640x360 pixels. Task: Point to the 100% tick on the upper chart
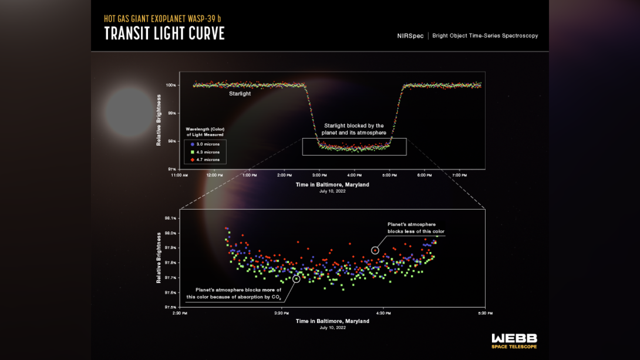click(x=171, y=85)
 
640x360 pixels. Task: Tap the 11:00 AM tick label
click(x=179, y=176)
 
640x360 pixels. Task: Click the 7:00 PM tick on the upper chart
click(x=459, y=176)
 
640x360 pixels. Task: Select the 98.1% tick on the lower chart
click(x=170, y=218)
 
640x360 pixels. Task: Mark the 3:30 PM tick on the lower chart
click(x=282, y=313)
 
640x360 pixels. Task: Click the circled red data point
click(x=375, y=250)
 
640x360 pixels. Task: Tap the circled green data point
click(x=297, y=278)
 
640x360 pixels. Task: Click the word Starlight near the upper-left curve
click(x=240, y=93)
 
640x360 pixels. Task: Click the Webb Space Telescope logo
click(x=514, y=341)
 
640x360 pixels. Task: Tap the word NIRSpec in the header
click(x=410, y=36)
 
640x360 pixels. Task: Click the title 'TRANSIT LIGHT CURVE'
click(x=164, y=33)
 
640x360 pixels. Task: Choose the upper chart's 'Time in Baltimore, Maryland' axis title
click(x=332, y=184)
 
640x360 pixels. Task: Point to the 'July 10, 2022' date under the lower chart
click(x=332, y=328)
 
